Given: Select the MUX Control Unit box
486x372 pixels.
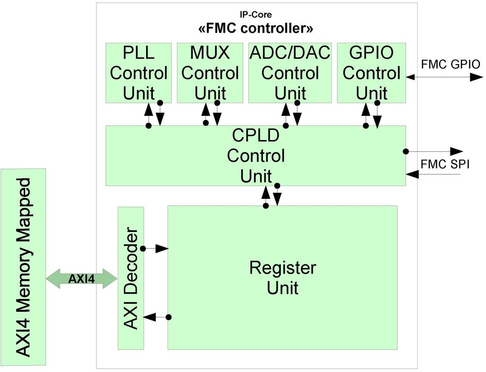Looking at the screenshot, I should point(210,73).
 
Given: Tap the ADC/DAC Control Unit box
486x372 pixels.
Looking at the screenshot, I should point(290,73).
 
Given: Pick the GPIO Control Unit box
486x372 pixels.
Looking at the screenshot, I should point(371,73).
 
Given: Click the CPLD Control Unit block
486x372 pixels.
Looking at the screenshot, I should point(255,156).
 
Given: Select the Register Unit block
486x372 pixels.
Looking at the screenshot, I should point(282,278).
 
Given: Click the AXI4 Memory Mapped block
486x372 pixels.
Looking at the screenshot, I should point(23,268).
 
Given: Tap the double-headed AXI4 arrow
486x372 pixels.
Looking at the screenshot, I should point(82,279).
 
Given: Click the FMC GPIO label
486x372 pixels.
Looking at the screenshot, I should point(450,65).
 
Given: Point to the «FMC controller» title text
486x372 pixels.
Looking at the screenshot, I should point(256,28).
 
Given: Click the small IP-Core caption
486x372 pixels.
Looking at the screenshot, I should point(256,15).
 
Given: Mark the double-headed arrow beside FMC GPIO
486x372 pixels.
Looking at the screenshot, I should point(444,77).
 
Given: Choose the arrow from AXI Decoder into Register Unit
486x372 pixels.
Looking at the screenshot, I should point(155,249).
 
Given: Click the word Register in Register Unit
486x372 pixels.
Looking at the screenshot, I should point(282,268).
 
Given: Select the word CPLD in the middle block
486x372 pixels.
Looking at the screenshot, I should point(256,136).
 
